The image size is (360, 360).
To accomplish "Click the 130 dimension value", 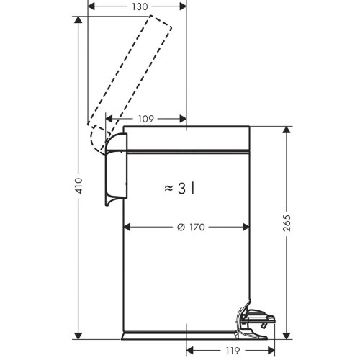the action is pyautogui.click(x=140, y=6).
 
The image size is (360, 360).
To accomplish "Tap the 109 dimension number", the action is pyautogui.click(x=146, y=119).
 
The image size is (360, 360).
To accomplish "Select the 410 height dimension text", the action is pyautogui.click(x=79, y=186).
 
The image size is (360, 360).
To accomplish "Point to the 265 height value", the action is pyautogui.click(x=287, y=223).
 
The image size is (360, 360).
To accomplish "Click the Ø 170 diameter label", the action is pyautogui.click(x=191, y=227).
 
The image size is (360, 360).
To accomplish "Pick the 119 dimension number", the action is pyautogui.click(x=233, y=351).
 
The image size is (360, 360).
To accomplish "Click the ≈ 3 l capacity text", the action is pyautogui.click(x=179, y=189).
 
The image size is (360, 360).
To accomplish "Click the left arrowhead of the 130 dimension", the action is pyautogui.click(x=91, y=6).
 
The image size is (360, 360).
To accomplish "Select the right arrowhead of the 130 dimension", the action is pyautogui.click(x=183, y=6).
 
